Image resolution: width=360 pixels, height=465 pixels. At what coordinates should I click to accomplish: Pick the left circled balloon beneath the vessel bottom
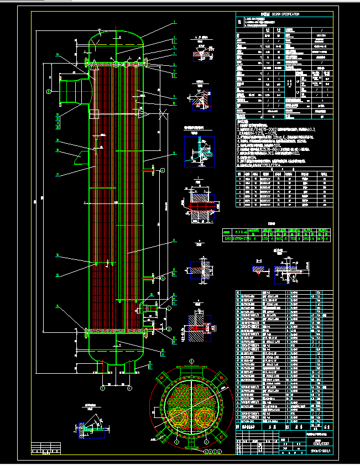point(103,388)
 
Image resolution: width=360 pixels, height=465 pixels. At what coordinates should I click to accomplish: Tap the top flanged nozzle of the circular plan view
point(192,365)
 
